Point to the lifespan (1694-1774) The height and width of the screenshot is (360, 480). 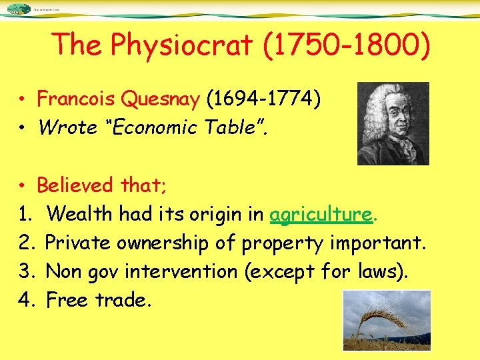[x=264, y=100]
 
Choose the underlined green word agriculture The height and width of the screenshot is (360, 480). [x=321, y=214]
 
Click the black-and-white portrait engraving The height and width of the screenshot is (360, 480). [x=393, y=123]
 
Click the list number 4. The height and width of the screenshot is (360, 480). [x=25, y=301]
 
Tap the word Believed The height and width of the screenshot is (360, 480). [x=75, y=185]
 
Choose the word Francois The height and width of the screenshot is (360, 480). [x=77, y=100]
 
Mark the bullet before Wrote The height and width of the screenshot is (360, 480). [x=23, y=127]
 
